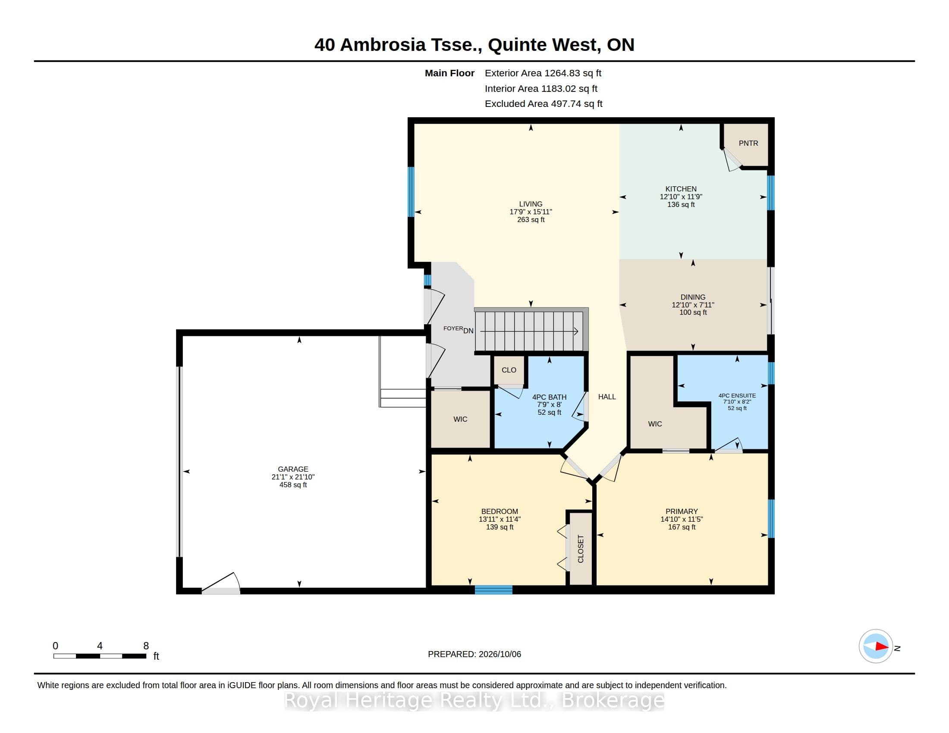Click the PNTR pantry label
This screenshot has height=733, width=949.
coord(748,143)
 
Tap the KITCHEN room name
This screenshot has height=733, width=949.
coord(681,189)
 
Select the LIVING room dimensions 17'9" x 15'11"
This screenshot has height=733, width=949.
coord(531,212)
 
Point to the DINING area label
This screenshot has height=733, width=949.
coord(693,298)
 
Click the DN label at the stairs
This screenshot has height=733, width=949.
coord(468,331)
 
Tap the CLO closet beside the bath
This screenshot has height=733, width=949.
coord(509,370)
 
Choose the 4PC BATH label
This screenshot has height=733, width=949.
coord(549,397)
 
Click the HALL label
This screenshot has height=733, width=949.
coord(607,396)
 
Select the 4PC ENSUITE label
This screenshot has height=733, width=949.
coord(737,395)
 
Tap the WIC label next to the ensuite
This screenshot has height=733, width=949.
coord(655,424)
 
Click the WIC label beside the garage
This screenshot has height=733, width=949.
coord(460,419)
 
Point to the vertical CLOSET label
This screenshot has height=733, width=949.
coord(581,549)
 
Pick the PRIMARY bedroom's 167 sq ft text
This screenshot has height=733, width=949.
coord(682,527)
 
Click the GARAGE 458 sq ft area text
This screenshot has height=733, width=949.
coord(293,485)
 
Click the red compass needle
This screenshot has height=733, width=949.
coord(882,647)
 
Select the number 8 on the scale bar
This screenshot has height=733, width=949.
coord(146,646)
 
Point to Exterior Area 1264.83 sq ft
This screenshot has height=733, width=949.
coord(543,73)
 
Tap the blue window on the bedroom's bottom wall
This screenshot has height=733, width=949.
coord(493,589)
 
